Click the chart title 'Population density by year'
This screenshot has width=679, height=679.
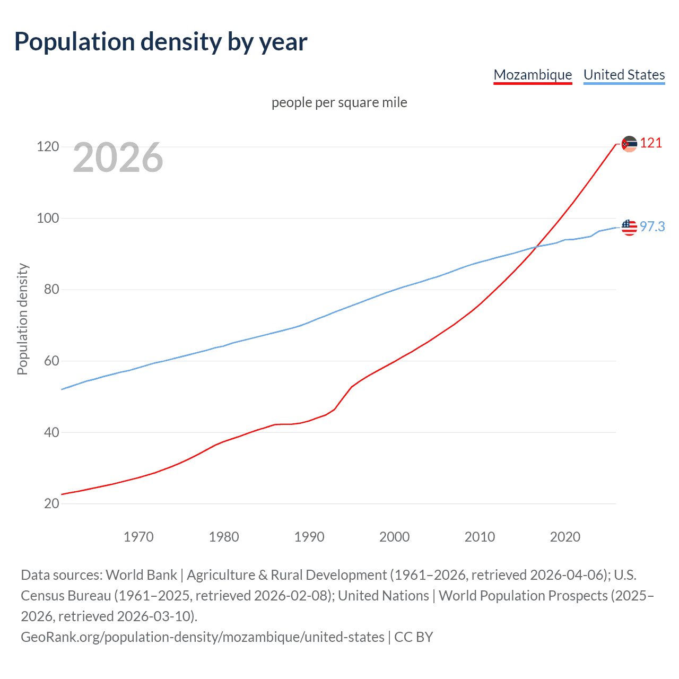pos(161,42)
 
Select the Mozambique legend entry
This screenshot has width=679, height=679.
pos(533,75)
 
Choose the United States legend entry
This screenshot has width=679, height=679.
pos(624,75)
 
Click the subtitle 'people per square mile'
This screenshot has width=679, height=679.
pos(339,102)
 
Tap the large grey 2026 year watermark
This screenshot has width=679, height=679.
pos(118,157)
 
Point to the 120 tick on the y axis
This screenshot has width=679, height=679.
pos(48,146)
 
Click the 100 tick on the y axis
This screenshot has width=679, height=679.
pos(48,218)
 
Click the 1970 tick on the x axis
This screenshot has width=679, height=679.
pos(138,537)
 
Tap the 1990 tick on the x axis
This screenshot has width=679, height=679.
pos(309,537)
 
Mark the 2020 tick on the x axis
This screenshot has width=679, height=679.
pos(565,537)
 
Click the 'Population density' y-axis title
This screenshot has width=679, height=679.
pos(22,319)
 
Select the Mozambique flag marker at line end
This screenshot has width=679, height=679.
pos(629,144)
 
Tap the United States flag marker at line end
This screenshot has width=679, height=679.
pos(629,227)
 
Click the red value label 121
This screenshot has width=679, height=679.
pos(651,143)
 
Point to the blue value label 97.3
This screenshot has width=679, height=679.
pos(652,227)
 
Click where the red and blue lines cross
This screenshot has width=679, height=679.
pos(536,247)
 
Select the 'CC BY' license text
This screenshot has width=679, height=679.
pos(414,637)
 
